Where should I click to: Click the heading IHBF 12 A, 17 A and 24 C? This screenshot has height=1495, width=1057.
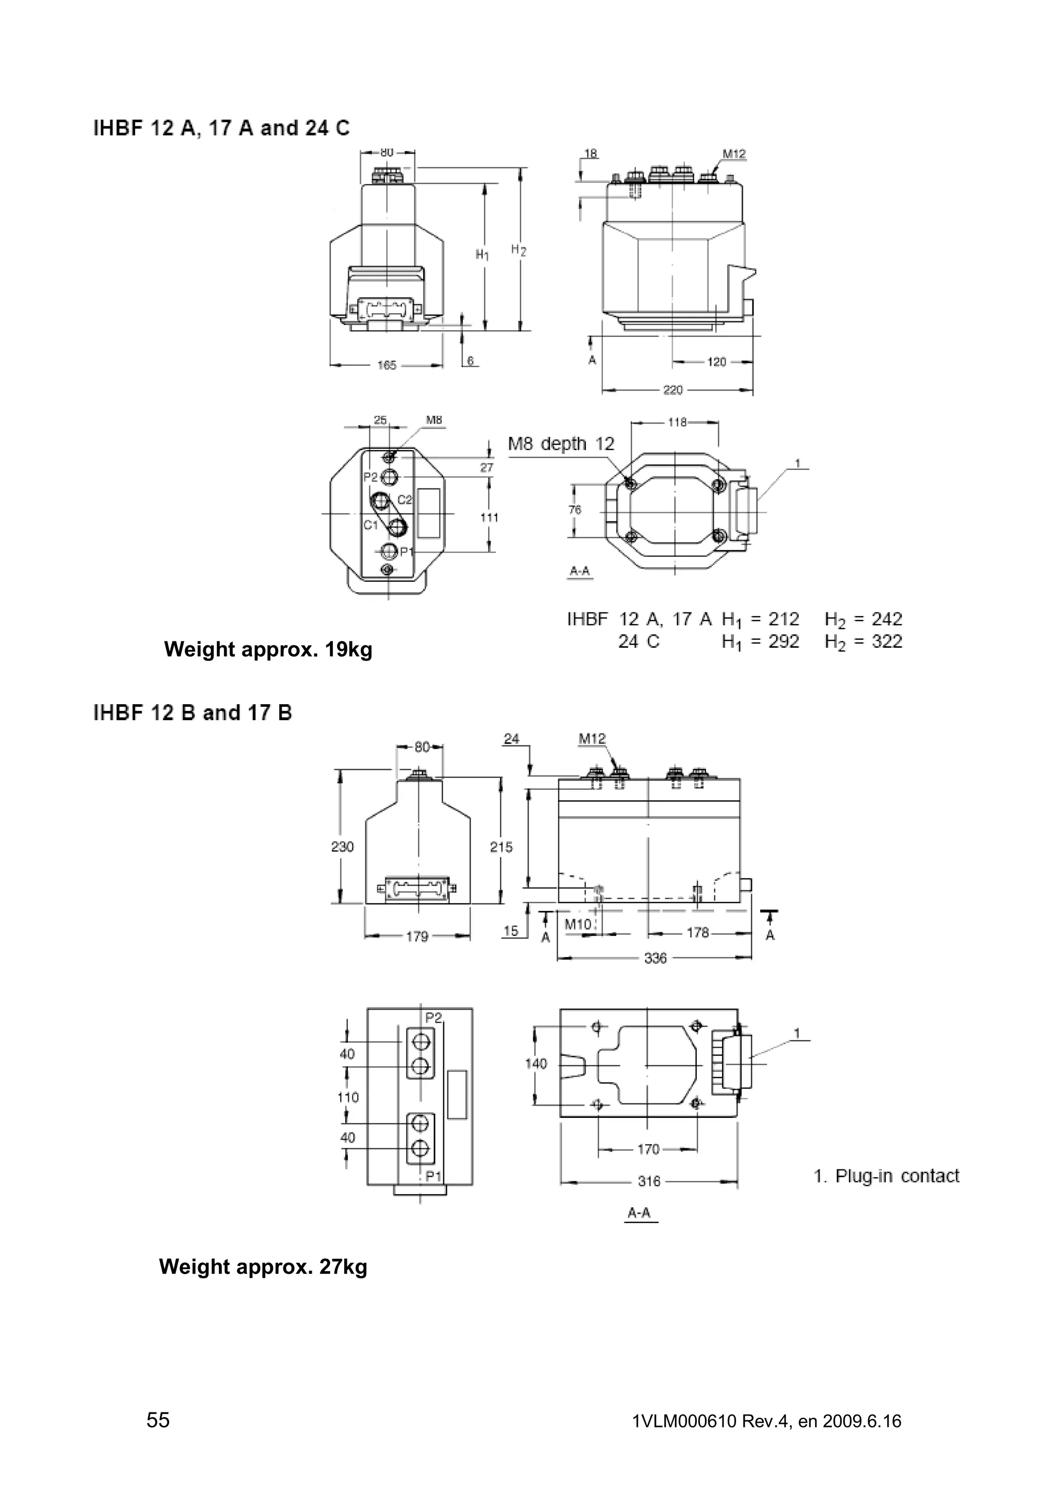coord(221,127)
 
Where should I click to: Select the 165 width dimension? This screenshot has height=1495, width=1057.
coord(387,365)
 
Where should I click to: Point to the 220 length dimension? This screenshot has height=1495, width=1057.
coord(673,390)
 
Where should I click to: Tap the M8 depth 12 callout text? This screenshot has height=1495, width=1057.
coord(560,444)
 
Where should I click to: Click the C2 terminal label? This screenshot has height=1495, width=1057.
coord(405,500)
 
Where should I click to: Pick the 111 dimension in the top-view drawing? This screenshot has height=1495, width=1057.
coord(489,517)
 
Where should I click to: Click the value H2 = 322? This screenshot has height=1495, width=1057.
coord(863,642)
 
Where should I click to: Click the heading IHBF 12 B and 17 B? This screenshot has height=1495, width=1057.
coord(193,712)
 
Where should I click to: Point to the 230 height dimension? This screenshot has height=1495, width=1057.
coord(343,847)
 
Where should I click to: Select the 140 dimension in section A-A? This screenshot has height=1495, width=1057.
coord(537,1063)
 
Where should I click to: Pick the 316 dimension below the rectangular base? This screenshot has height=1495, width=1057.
coord(649,1181)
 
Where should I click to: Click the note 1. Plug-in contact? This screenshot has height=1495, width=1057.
coord(886,1176)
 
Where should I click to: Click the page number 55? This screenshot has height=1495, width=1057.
coord(158,1420)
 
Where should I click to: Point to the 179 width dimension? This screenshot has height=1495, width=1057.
coord(417,936)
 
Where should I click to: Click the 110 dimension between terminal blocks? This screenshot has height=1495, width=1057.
coord(348,1097)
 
